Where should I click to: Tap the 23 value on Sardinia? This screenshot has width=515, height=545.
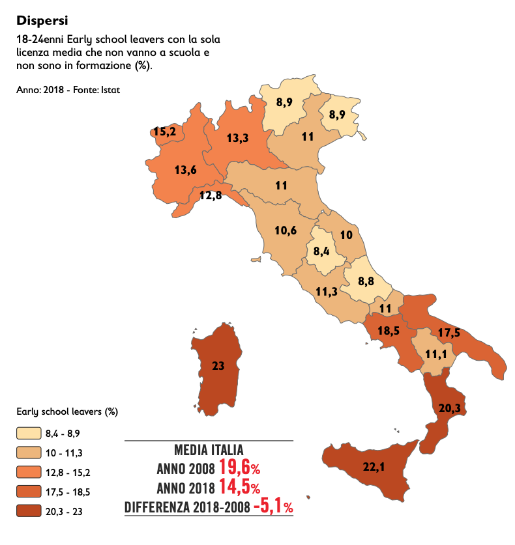218,366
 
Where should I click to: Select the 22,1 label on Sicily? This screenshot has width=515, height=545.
373,467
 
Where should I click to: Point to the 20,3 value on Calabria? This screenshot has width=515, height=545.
449,408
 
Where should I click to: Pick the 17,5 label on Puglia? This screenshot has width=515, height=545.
449,333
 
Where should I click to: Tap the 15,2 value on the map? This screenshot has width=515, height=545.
164,132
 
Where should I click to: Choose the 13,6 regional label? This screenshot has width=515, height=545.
186,170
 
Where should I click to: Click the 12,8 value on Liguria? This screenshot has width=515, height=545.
211,195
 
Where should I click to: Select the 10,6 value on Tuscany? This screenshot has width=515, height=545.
286,231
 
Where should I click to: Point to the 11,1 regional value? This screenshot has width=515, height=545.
435,354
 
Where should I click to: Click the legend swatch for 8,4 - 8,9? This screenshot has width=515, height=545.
27,433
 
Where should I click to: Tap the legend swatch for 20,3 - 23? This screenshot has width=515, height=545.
27,511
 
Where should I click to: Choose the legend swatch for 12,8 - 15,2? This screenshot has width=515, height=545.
27,472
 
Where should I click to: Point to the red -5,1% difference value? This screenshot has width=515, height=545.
272,507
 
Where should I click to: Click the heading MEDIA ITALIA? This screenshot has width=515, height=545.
209,450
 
